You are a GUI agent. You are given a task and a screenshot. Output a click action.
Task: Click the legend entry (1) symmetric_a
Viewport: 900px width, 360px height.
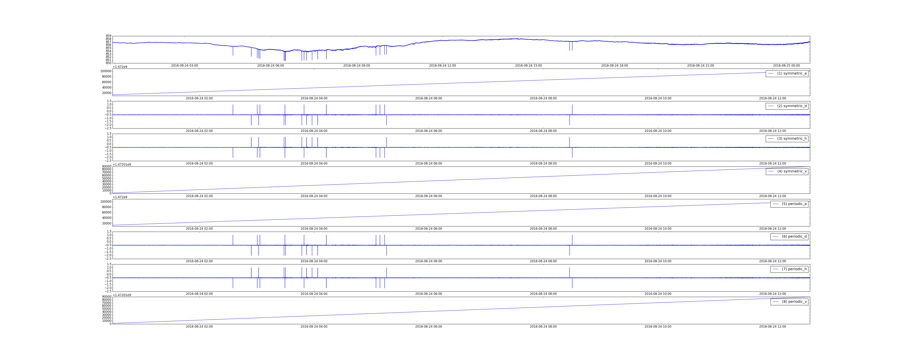(787, 73)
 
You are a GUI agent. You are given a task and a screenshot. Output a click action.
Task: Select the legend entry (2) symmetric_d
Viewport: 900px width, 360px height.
(787, 106)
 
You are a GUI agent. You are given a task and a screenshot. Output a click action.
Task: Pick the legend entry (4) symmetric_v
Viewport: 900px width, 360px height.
(787, 171)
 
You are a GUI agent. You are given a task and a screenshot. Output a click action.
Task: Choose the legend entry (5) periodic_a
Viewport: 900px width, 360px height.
(789, 204)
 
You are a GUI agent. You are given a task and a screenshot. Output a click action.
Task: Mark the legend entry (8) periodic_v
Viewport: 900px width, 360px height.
(789, 302)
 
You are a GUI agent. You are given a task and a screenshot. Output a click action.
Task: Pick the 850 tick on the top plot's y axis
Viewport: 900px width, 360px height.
(109, 63)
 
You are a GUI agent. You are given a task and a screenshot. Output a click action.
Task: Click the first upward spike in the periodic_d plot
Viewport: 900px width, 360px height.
(233, 240)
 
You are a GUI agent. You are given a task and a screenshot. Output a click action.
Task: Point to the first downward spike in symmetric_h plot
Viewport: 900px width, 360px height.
(233, 152)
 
